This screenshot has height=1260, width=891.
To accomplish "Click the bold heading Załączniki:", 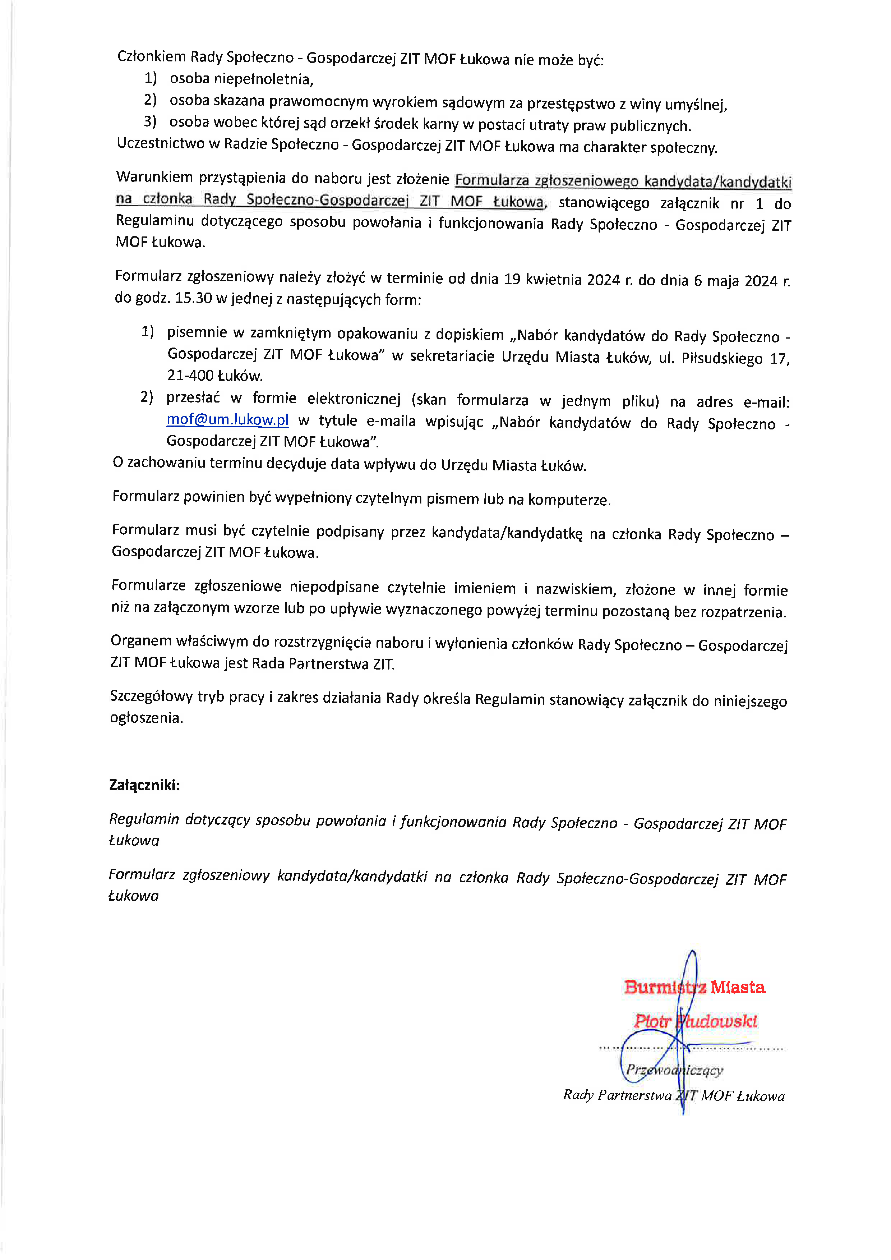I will (x=144, y=785).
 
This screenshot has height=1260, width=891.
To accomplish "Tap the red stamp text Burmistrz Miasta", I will (x=694, y=987).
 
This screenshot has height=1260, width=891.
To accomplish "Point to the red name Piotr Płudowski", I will (x=695, y=1021).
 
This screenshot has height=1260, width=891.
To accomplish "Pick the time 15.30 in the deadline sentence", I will (x=193, y=299).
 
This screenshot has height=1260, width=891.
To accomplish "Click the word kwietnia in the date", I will (x=554, y=279).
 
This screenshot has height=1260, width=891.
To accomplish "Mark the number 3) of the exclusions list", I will (x=150, y=121).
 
